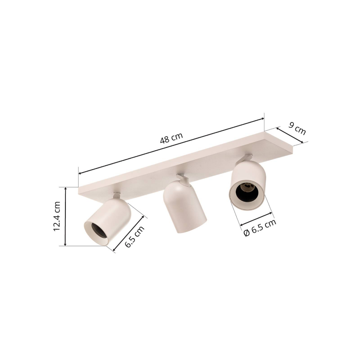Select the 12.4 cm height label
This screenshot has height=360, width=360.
[x=57, y=216]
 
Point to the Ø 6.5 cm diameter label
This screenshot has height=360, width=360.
[x=260, y=228]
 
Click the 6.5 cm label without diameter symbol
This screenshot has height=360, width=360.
[x=135, y=237]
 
